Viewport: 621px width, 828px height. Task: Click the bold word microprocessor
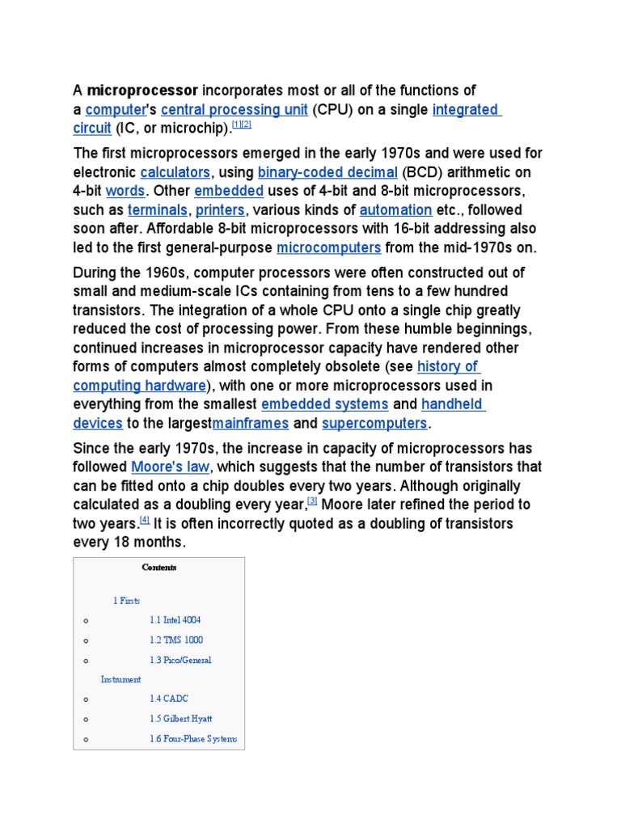pyautogui.click(x=142, y=90)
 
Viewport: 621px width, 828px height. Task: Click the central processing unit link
pyautogui.click(x=234, y=109)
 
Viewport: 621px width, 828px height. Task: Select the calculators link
pyautogui.click(x=175, y=172)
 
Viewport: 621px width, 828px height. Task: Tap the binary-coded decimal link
pyautogui.click(x=327, y=172)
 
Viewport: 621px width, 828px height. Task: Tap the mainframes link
pyautogui.click(x=251, y=424)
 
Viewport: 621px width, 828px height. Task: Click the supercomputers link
pyautogui.click(x=374, y=424)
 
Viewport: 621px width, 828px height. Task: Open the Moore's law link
pyautogui.click(x=170, y=467)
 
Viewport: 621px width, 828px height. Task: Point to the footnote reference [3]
pyautogui.click(x=312, y=501)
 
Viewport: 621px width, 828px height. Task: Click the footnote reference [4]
pyautogui.click(x=145, y=521)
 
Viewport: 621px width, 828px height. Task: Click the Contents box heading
pyautogui.click(x=158, y=568)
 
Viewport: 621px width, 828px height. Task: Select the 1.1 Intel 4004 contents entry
pyautogui.click(x=175, y=620)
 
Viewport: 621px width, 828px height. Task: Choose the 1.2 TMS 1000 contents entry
pyautogui.click(x=175, y=640)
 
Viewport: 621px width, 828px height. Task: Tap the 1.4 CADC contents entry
pyautogui.click(x=168, y=699)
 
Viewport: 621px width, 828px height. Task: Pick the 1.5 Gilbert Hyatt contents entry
pyautogui.click(x=180, y=719)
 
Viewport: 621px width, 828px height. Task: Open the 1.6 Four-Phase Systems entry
pyautogui.click(x=192, y=739)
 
